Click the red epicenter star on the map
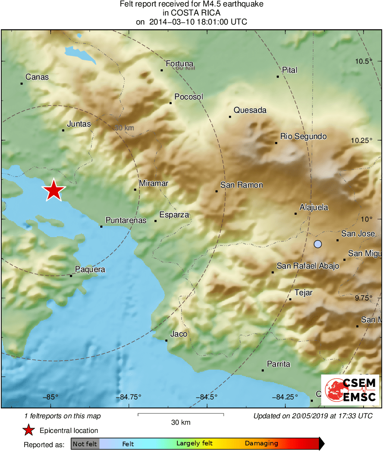(53, 190)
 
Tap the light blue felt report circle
(318, 244)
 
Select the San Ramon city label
(241, 185)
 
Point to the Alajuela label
(314, 207)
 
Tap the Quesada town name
(250, 110)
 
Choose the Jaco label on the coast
(179, 334)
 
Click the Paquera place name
(90, 270)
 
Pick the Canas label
(37, 77)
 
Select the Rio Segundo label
(303, 136)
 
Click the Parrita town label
(278, 364)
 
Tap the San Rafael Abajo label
(308, 266)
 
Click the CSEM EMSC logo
(350, 390)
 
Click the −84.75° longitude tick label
(129, 397)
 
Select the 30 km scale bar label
(181, 423)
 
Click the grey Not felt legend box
(85, 444)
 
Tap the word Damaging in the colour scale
(261, 444)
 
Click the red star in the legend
(28, 430)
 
